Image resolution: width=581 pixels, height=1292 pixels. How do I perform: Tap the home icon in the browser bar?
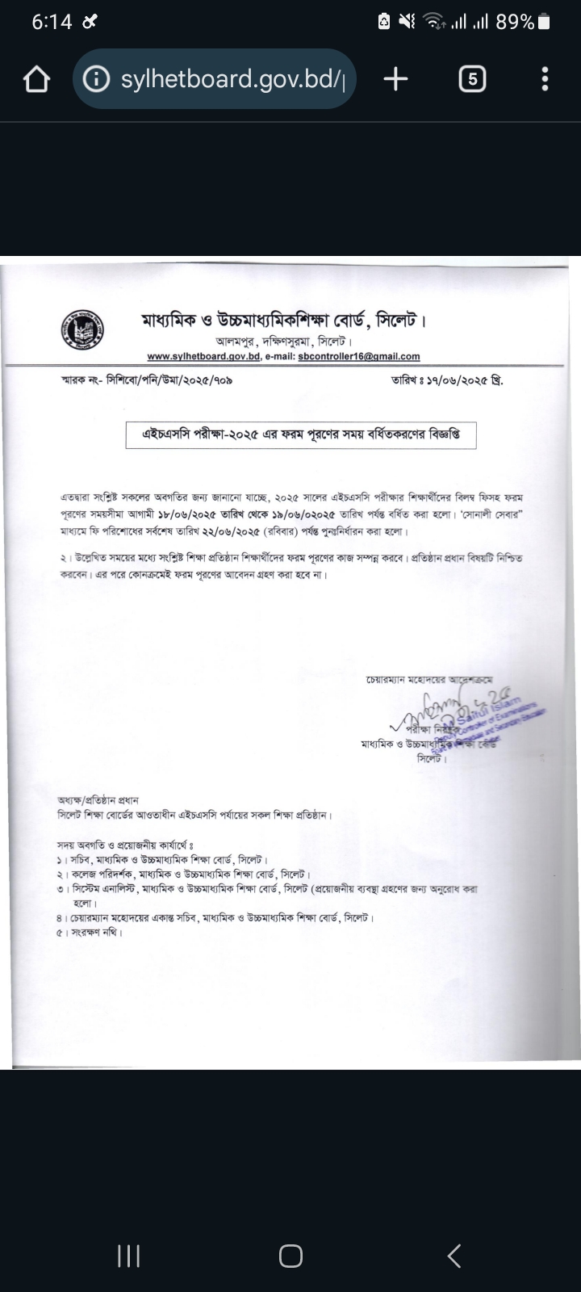[36, 80]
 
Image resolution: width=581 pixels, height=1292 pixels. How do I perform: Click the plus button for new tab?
[395, 79]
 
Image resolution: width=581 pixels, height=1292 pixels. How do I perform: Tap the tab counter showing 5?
[472, 79]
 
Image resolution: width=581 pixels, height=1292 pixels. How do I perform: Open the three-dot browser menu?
[545, 79]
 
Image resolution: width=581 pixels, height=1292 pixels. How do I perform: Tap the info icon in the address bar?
[97, 79]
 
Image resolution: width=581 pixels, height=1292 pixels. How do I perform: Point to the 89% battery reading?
[515, 22]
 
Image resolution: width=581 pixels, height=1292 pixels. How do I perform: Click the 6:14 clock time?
[52, 22]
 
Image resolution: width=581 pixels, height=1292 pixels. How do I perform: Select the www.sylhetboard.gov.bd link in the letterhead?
[203, 356]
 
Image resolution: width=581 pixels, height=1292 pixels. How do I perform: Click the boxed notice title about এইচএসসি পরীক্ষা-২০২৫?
[301, 434]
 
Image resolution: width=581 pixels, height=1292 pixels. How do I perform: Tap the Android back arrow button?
[454, 1256]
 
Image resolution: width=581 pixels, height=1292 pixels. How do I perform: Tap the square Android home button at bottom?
[290, 1256]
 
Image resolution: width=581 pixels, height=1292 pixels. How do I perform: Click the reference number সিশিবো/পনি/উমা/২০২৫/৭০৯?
[169, 378]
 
